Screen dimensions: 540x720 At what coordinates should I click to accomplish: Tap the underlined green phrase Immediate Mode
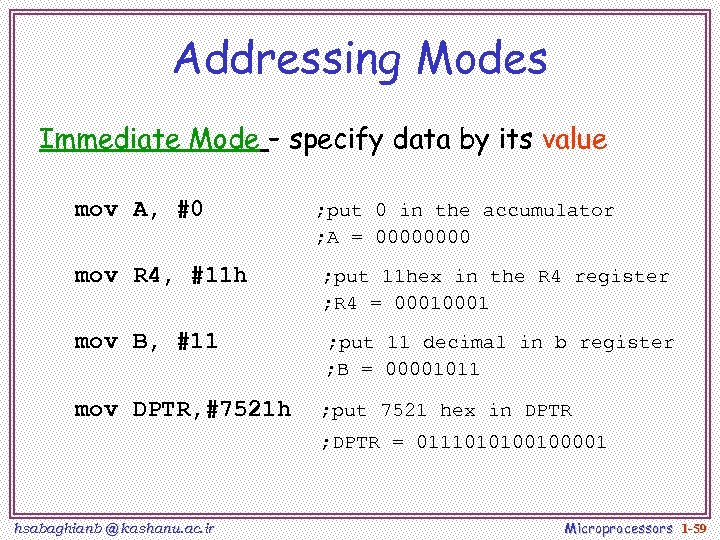[150, 139]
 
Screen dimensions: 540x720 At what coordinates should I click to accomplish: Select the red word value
[574, 139]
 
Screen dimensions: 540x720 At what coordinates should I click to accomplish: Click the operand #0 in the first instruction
[190, 209]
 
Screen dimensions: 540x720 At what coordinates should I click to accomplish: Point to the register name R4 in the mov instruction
[147, 275]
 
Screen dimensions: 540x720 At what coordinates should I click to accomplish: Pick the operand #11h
[211, 275]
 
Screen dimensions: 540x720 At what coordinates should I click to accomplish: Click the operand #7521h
[248, 409]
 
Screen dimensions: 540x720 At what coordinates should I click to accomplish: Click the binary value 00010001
[442, 303]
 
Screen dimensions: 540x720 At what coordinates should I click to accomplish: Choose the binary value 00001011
[433, 369]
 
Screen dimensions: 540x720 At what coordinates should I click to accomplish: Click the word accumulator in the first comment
[548, 210]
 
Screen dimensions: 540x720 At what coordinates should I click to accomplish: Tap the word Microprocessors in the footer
[618, 527]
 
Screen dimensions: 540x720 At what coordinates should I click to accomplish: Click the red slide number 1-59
[694, 527]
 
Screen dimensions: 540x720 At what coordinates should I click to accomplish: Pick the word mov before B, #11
[96, 341]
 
